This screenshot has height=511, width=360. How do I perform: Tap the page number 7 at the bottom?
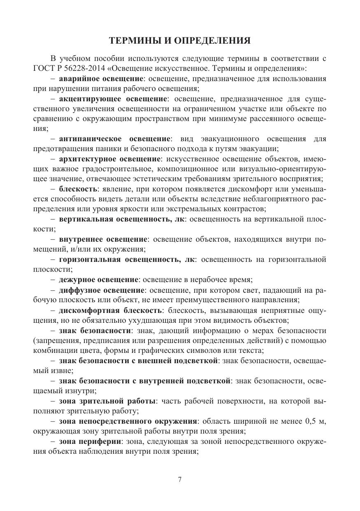(x=180, y=480)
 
